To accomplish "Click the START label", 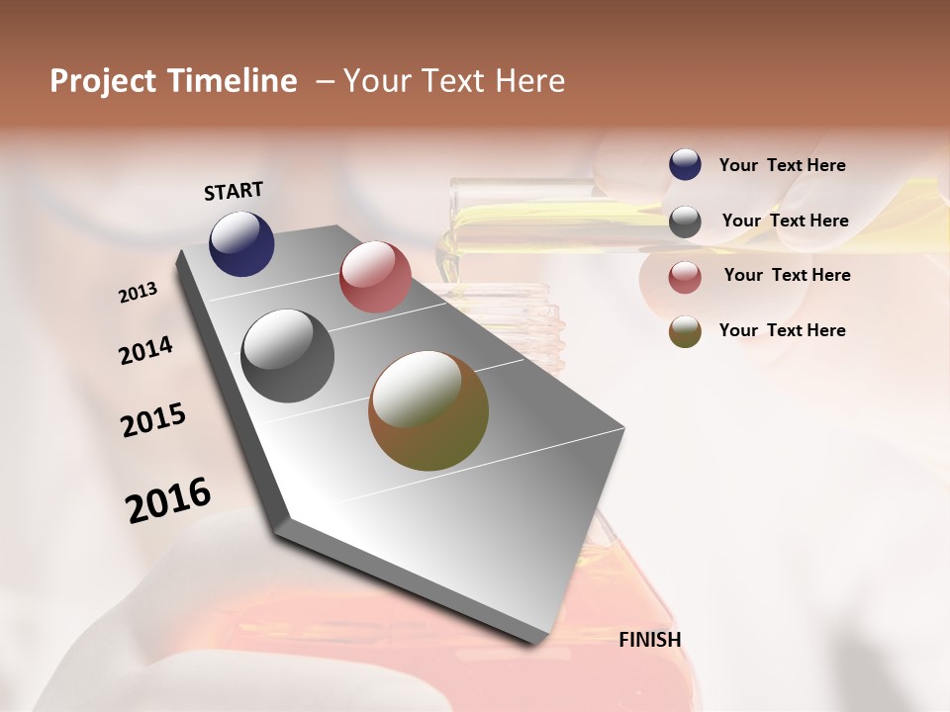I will point(234,191).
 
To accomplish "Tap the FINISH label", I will point(649,640).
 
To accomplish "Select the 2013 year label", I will point(139,293).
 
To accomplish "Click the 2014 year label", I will point(146,350).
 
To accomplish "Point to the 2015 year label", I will point(153,420).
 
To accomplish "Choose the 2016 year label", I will point(168,499).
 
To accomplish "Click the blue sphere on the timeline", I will point(241,243).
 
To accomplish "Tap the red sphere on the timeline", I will point(375,277).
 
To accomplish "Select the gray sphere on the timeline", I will point(288,356).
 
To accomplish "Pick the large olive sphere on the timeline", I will point(428,410).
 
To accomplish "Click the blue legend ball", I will point(685,165).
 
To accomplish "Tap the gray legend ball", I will point(685,222).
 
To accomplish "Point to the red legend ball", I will point(685,276).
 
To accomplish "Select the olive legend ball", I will point(685,331).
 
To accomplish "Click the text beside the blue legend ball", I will point(783,166).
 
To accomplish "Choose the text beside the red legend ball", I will point(787,275).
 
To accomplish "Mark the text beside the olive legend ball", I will point(783,330).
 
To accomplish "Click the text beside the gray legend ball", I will point(786,221).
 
